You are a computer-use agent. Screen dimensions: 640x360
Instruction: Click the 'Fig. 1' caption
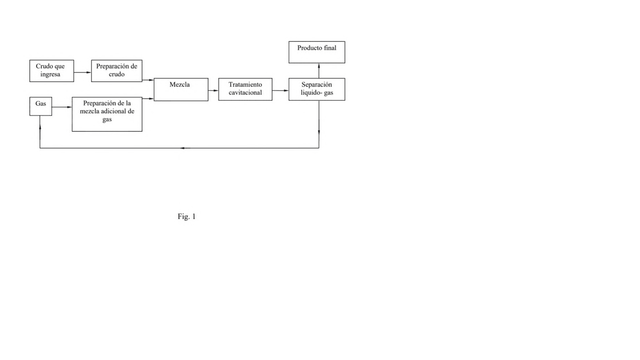(186, 217)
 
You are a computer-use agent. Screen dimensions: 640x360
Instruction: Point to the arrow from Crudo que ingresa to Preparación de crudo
(83, 73)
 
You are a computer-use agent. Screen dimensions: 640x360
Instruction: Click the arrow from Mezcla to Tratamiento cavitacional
(213, 90)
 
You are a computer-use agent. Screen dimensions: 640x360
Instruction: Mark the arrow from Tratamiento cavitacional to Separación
(280, 90)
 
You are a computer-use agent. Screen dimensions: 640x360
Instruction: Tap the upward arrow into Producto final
(319, 70)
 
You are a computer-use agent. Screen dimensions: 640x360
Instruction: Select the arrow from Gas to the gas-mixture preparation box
(62, 107)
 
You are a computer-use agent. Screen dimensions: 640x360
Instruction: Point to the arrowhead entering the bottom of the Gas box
(40, 127)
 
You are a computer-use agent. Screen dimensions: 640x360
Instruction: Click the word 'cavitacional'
(245, 93)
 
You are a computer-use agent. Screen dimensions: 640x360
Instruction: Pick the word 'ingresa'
(50, 75)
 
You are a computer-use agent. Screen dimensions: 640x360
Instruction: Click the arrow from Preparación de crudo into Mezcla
(148, 80)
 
